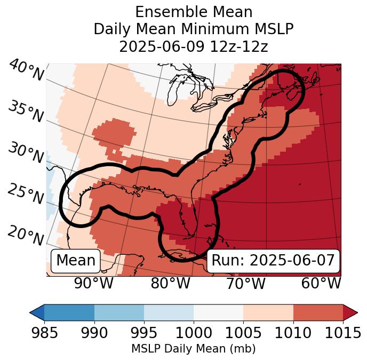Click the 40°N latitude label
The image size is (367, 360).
26,71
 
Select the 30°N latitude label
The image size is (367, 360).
25,153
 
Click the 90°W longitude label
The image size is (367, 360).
93,284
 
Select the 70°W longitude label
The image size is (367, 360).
245,284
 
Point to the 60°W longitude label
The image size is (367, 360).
321,284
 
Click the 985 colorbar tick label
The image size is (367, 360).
44,333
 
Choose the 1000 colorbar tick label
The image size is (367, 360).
194,333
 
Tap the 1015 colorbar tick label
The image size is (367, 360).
342,333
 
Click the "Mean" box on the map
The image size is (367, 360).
76,261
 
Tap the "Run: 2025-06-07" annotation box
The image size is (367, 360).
273,261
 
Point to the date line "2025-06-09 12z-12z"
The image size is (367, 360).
194,46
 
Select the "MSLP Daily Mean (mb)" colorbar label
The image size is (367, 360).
194,349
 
